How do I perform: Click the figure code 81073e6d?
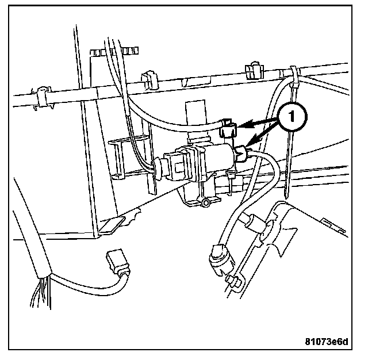[326, 342]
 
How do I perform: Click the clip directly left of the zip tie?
[254, 70]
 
